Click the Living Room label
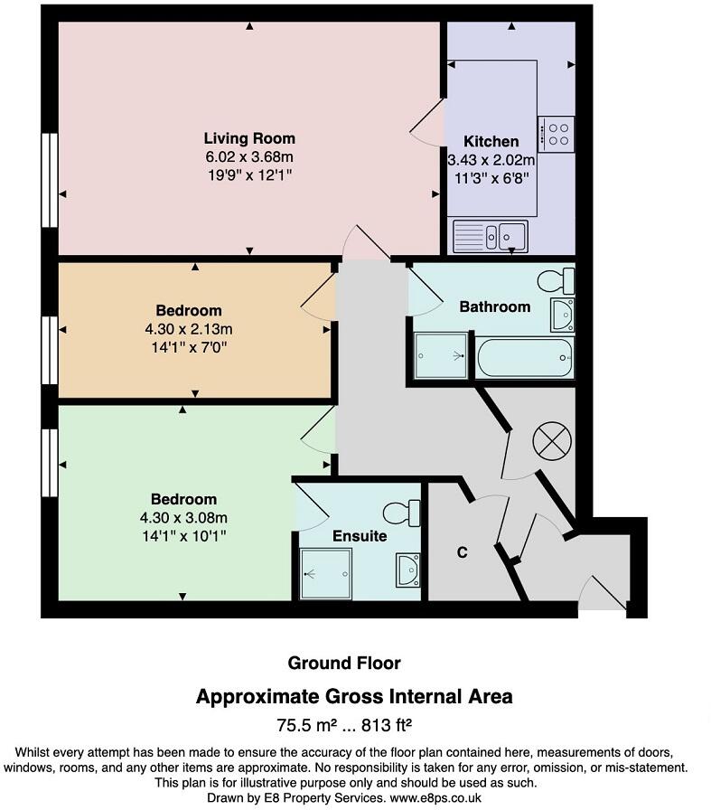click(x=249, y=138)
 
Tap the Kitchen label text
click(x=491, y=142)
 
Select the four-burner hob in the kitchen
click(x=556, y=134)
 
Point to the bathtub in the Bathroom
click(x=525, y=358)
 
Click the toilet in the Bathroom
click(x=556, y=281)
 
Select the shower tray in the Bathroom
click(x=442, y=355)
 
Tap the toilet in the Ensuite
click(x=402, y=513)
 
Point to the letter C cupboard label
click(x=462, y=553)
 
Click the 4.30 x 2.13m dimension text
click(x=195, y=328)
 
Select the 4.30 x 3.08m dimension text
click(x=183, y=517)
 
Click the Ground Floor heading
click(x=343, y=664)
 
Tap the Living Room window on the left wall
click(x=50, y=179)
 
